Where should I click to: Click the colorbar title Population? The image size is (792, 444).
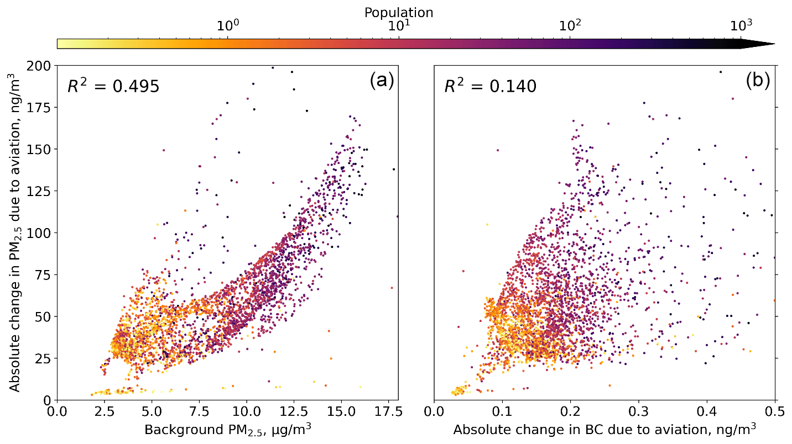398,12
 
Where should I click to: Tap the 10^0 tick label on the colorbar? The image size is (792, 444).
228,25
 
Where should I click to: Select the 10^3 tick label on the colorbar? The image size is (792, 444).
741,25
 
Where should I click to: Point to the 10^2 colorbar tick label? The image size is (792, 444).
570,25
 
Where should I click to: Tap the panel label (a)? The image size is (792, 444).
382,81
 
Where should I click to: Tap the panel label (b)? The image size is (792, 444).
759,81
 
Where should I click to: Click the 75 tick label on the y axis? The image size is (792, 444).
44,274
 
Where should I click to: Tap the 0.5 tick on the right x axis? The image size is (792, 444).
775,411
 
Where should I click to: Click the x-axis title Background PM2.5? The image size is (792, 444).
227,430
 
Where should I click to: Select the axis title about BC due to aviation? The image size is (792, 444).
605,430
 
